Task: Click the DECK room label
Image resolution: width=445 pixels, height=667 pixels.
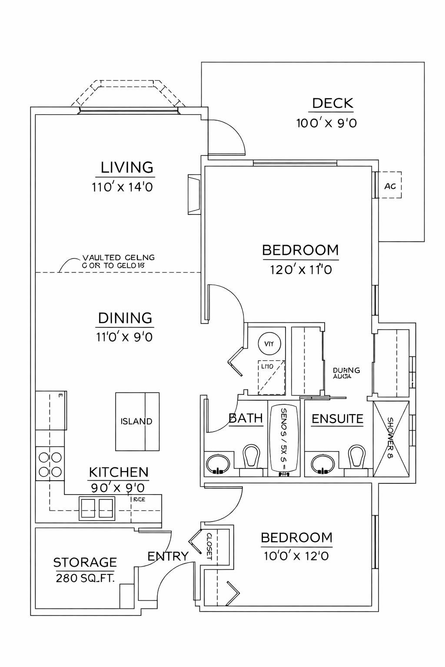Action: (332, 104)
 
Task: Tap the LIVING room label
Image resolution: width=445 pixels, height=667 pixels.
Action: (127, 168)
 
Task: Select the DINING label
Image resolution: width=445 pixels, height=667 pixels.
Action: (125, 318)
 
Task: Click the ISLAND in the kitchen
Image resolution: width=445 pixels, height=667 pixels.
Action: (137, 421)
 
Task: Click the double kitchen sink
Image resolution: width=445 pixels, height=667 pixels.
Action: (97, 508)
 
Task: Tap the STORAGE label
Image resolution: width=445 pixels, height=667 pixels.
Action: (85, 563)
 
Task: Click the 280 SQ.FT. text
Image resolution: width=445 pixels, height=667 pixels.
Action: (85, 578)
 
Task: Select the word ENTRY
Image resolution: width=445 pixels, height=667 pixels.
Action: (168, 556)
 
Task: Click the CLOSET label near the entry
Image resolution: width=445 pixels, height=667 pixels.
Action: (209, 545)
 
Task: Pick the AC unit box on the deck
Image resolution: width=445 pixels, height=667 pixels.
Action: (390, 185)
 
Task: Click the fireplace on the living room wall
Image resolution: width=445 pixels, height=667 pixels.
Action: (194, 195)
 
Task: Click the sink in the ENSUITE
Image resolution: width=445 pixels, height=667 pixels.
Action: (322, 464)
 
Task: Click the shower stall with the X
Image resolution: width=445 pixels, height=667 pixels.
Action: (391, 439)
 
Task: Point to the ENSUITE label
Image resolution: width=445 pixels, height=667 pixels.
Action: (337, 419)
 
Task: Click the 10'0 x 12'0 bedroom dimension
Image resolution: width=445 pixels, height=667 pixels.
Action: (296, 556)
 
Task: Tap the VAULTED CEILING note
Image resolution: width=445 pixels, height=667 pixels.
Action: (118, 261)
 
